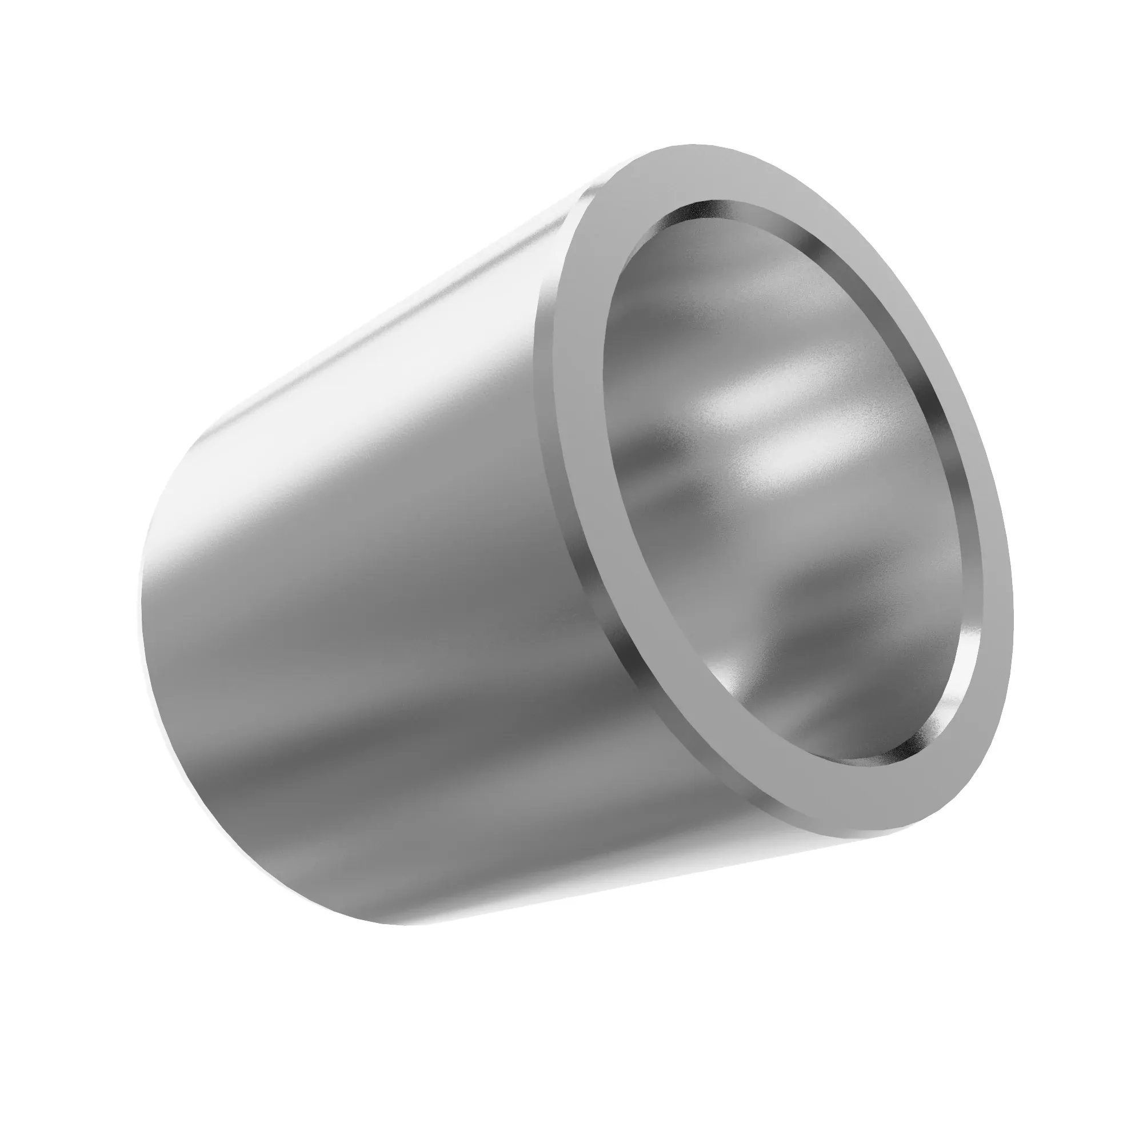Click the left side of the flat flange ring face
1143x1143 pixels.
click(x=577, y=414)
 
